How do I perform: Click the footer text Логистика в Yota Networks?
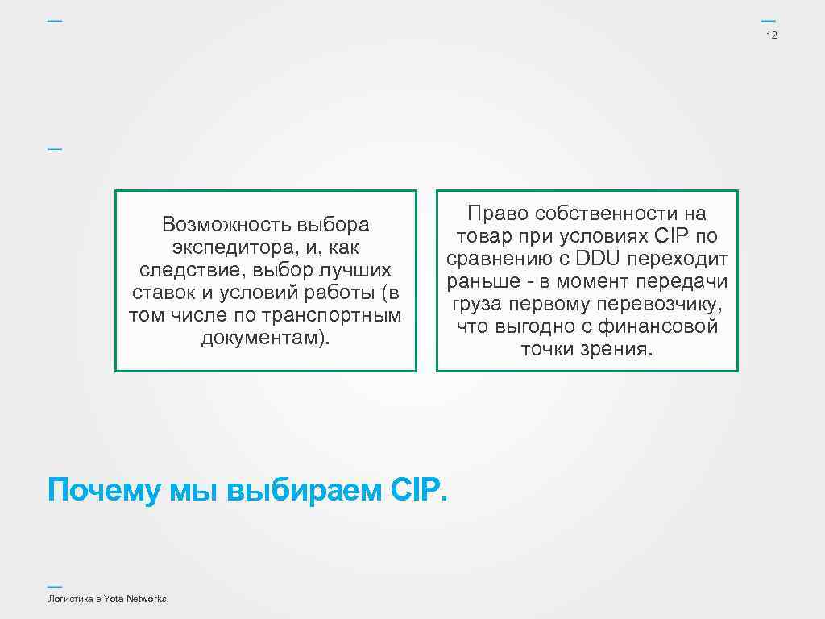pos(107,599)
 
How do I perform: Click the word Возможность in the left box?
pos(225,223)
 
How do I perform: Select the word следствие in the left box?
pos(176,268)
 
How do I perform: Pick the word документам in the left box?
pos(262,337)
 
